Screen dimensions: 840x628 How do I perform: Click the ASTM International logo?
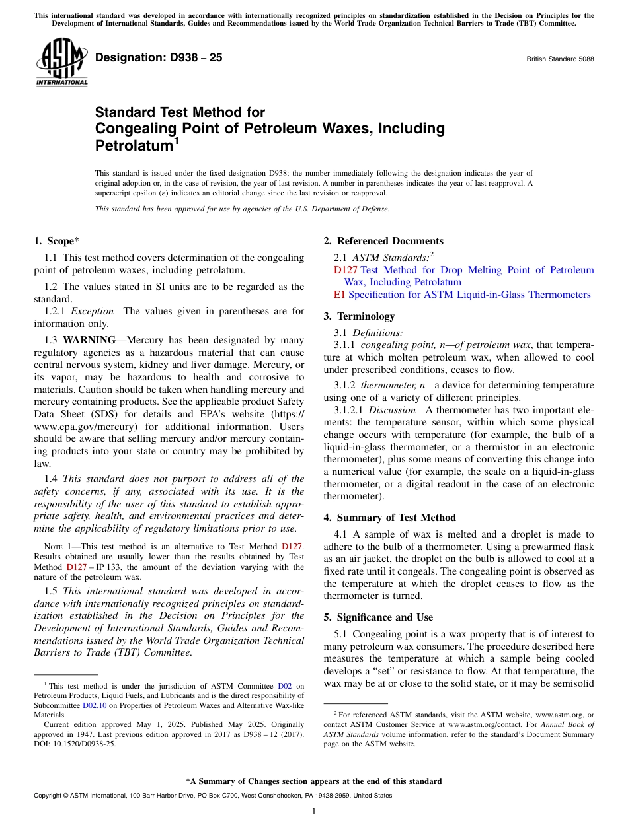pyautogui.click(x=61, y=62)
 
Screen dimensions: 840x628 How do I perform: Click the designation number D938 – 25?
pyautogui.click(x=159, y=57)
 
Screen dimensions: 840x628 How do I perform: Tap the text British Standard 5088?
pyautogui.click(x=559, y=59)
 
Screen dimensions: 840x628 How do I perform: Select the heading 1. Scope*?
pyautogui.click(x=57, y=241)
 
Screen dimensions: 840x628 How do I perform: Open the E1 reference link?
pyautogui.click(x=340, y=295)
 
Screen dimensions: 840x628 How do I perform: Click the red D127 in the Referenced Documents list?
pyautogui.click(x=345, y=270)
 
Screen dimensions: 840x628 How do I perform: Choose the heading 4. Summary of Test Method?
pyautogui.click(x=389, y=518)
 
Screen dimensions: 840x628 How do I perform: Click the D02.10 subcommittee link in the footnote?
pyautogui.click(x=94, y=705)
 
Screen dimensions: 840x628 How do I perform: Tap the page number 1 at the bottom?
pyautogui.click(x=314, y=811)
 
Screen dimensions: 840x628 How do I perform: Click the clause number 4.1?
pyautogui.click(x=342, y=534)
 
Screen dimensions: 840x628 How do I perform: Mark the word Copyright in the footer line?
pyautogui.click(x=49, y=796)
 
